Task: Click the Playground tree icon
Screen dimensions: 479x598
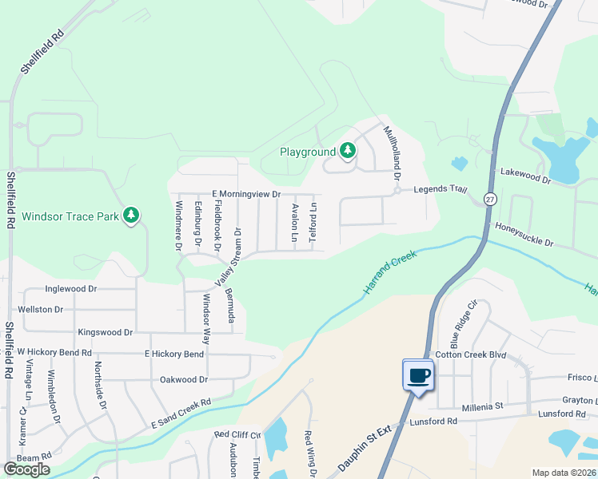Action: coord(347,150)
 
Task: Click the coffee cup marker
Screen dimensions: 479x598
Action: coord(418,374)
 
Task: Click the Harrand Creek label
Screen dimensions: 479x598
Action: coord(392,273)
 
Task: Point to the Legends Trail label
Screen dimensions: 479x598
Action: coord(439,189)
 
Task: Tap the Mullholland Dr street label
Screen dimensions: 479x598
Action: coord(393,152)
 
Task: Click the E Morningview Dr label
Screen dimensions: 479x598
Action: coord(246,194)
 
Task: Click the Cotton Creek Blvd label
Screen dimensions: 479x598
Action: coord(471,354)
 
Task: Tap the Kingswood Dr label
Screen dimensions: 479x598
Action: coord(105,331)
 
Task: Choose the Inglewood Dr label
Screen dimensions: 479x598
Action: coord(71,288)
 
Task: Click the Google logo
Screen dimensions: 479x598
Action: coord(26,469)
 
